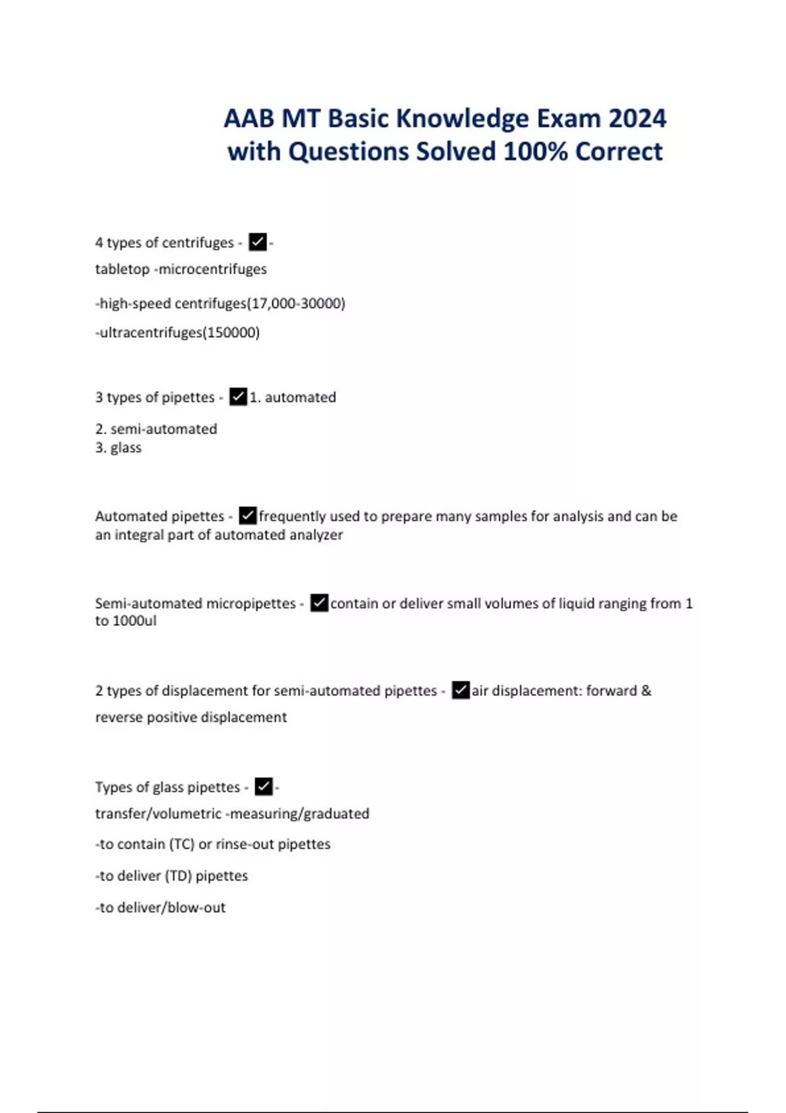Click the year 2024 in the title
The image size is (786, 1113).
point(637,119)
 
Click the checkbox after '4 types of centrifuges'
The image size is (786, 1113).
point(258,242)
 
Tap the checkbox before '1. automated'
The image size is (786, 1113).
point(238,397)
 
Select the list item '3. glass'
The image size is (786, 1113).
point(119,448)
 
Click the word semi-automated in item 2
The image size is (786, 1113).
point(164,429)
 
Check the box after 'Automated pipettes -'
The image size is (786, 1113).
point(248,516)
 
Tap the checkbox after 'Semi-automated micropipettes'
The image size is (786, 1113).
point(319,603)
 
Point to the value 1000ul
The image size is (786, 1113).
point(134,621)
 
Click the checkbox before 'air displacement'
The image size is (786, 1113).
point(461,690)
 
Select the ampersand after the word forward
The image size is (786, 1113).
point(646,691)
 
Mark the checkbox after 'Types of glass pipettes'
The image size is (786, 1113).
point(263,786)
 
